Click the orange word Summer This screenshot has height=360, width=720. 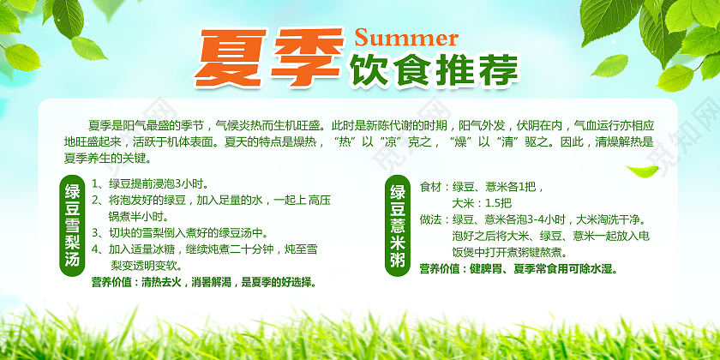[406, 38]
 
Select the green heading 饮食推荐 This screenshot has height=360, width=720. [433, 70]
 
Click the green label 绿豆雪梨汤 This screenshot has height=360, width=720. [73, 225]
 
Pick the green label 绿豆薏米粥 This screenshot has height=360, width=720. [397, 226]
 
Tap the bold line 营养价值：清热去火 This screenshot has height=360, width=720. [205, 282]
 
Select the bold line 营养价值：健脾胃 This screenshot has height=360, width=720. [518, 269]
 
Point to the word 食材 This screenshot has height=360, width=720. [430, 188]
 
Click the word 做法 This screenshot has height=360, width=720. [430, 219]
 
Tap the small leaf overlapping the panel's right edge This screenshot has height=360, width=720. [643, 171]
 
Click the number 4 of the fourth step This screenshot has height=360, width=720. [95, 249]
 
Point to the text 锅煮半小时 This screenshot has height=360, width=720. [138, 216]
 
